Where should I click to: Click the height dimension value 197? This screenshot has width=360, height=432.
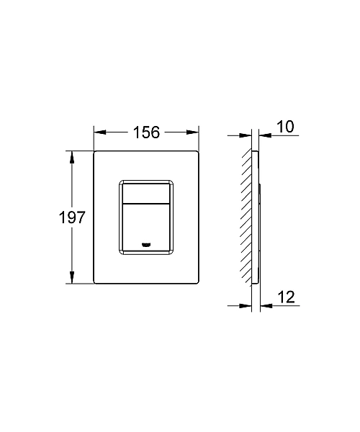(x=72, y=217)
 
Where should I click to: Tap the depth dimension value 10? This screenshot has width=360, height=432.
(x=285, y=127)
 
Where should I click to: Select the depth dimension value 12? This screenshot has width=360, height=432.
(x=285, y=297)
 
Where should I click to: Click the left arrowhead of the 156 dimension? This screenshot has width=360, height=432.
(x=99, y=132)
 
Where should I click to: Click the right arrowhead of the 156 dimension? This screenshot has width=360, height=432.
(x=193, y=132)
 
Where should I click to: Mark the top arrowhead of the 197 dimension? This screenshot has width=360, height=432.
(x=72, y=155)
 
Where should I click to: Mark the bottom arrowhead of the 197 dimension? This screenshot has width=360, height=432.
(x=72, y=280)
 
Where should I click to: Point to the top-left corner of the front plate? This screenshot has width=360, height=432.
(x=95, y=151)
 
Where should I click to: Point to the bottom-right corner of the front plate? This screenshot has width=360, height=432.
(x=197, y=284)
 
